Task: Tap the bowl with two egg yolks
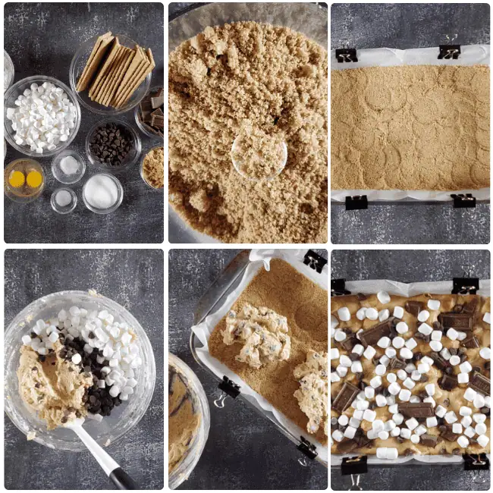24,179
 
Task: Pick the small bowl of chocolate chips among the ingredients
112,143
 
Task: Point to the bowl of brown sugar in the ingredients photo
153,167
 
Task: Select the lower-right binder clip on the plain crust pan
463,200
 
